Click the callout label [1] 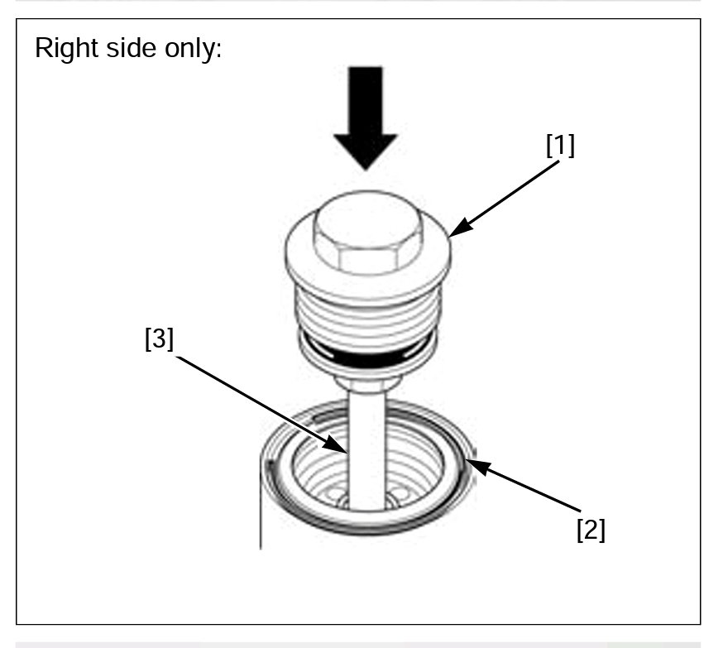pyautogui.click(x=559, y=146)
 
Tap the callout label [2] pyautogui.click(x=591, y=530)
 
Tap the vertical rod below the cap pyautogui.click(x=366, y=447)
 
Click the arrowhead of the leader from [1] pyautogui.click(x=452, y=233)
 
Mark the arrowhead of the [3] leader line pyautogui.click(x=348, y=451)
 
